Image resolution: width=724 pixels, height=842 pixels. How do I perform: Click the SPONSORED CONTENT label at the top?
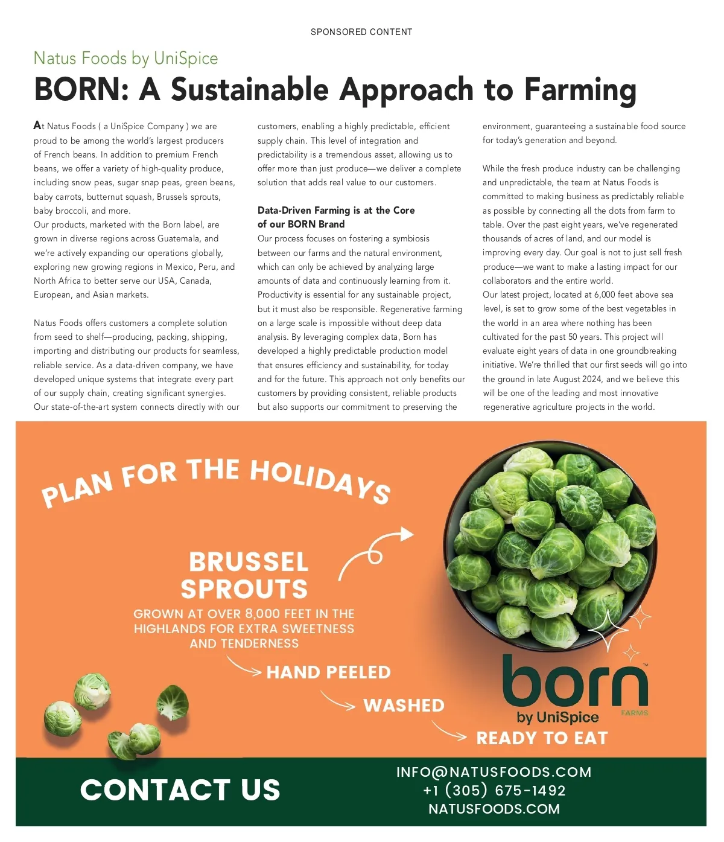pyautogui.click(x=361, y=32)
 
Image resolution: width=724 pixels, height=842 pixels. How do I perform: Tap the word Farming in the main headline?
pyautogui.click(x=580, y=89)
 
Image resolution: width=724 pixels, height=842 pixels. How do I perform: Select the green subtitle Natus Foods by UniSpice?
pyautogui.click(x=125, y=58)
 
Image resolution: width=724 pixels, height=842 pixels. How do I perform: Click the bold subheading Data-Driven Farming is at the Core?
pyautogui.click(x=336, y=210)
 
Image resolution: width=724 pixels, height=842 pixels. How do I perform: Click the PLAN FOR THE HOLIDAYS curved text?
pyautogui.click(x=215, y=480)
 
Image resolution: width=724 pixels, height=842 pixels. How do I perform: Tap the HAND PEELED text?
pyautogui.click(x=329, y=672)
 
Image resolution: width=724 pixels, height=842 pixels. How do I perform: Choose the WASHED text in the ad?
pyautogui.click(x=404, y=706)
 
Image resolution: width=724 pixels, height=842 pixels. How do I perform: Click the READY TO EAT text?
pyautogui.click(x=542, y=738)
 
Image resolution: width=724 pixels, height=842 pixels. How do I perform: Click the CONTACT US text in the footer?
pyautogui.click(x=180, y=789)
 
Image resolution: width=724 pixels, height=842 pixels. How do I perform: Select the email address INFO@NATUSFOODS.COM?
pyautogui.click(x=494, y=772)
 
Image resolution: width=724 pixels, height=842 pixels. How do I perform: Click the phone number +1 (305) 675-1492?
pyautogui.click(x=494, y=791)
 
